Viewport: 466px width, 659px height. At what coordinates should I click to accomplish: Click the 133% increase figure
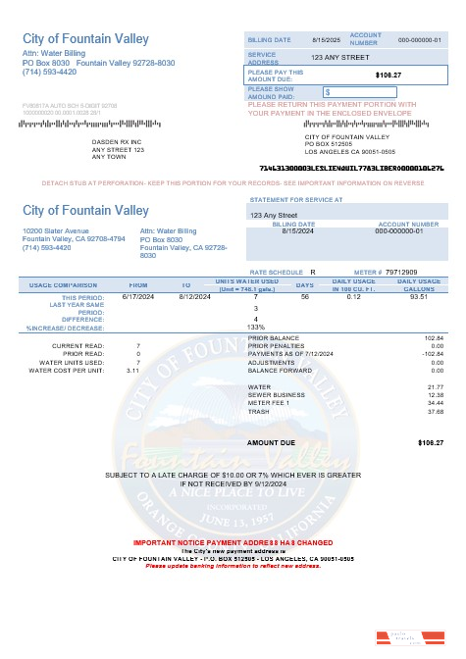point(256,327)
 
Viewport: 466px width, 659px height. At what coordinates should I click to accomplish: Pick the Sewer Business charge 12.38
point(435,395)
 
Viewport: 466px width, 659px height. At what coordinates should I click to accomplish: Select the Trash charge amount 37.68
point(435,412)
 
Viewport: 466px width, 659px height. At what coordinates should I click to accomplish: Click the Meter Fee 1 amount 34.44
point(435,403)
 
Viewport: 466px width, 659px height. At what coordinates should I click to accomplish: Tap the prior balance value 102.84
point(433,337)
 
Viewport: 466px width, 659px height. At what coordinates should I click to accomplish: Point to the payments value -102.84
point(432,354)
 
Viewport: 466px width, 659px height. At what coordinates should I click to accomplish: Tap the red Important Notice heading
point(233,542)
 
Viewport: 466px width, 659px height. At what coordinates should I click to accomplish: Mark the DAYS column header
point(305,284)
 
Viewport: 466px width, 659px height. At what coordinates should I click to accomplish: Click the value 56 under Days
point(305,296)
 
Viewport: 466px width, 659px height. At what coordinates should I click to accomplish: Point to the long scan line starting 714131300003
point(351,168)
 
